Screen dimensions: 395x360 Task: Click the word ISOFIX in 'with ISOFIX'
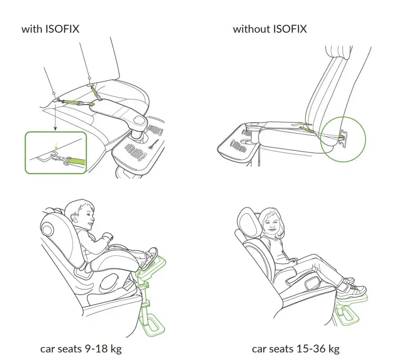click(x=62, y=29)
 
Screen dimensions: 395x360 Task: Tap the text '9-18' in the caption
click(x=97, y=348)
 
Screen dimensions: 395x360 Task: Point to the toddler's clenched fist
click(x=108, y=237)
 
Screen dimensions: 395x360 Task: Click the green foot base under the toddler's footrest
click(x=152, y=326)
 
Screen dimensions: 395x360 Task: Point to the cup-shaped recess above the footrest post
click(x=138, y=121)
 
